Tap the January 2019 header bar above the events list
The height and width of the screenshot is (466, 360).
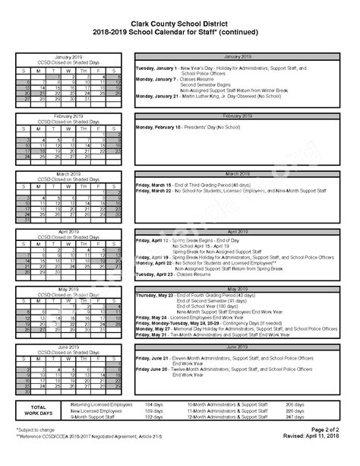pyautogui.click(x=243, y=57)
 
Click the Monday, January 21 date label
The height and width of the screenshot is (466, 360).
pyautogui.click(x=161, y=97)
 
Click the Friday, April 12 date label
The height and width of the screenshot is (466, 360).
pyautogui.click(x=153, y=240)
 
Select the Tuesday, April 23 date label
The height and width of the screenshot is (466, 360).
pyautogui.click(x=156, y=274)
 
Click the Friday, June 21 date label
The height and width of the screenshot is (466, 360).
pyautogui.click(x=153, y=357)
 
